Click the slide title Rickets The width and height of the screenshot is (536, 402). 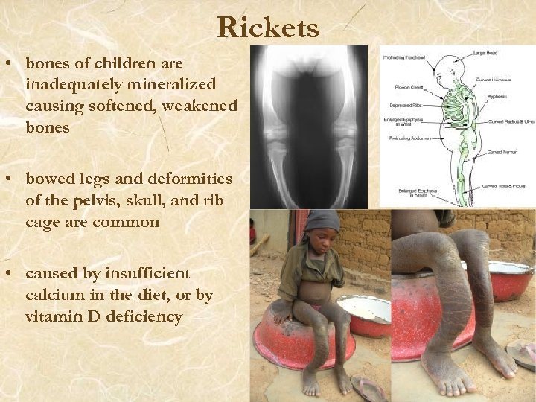coord(268,28)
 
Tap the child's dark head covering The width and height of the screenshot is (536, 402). coord(322,220)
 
